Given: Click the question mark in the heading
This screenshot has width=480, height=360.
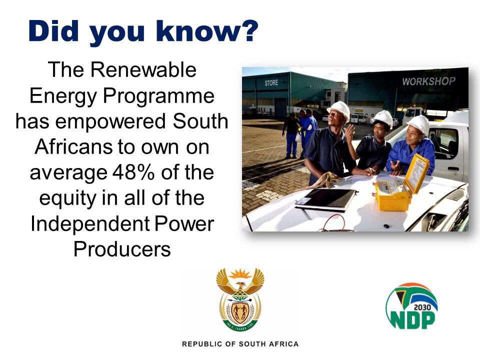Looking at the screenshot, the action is (247, 31).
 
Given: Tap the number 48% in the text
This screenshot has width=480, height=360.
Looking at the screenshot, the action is (133, 172).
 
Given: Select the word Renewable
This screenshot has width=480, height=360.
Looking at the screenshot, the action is (143, 70).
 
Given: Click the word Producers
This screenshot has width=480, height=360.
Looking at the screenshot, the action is (122, 249).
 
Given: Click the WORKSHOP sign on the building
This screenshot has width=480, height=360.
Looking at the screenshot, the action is (428, 81).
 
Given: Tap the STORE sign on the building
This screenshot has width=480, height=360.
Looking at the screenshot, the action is (271, 82).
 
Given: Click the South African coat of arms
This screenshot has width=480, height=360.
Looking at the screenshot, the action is (240, 299).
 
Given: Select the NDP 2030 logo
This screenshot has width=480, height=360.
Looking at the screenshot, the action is (411, 306).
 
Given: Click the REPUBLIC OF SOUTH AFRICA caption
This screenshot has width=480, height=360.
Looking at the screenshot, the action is (240, 344).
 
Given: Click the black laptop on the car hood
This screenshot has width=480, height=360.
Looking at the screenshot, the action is (326, 199).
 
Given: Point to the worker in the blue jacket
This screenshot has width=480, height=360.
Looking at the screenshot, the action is (411, 147).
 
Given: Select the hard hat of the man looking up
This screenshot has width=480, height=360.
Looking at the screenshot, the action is (339, 110).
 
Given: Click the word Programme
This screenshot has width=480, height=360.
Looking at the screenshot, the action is (158, 96).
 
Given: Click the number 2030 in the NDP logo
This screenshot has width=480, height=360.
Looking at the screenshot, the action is (422, 307).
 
